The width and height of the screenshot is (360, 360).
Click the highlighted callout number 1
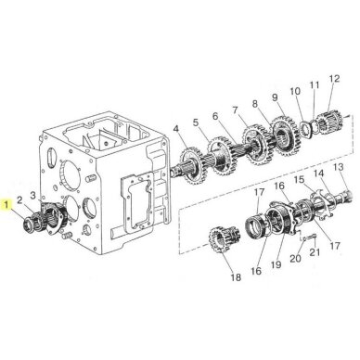click(6, 204)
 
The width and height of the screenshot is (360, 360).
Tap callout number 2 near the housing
click(19, 200)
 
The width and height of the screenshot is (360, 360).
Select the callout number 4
click(176, 128)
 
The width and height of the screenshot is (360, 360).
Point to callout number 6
click(215, 116)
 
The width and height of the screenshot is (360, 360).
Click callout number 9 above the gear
click(275, 98)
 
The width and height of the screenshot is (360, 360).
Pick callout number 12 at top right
click(334, 79)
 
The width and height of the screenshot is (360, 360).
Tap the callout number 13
click(339, 167)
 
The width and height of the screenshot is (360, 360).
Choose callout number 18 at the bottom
click(236, 277)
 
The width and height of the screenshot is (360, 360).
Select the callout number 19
click(276, 264)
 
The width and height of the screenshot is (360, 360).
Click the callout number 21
click(315, 252)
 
